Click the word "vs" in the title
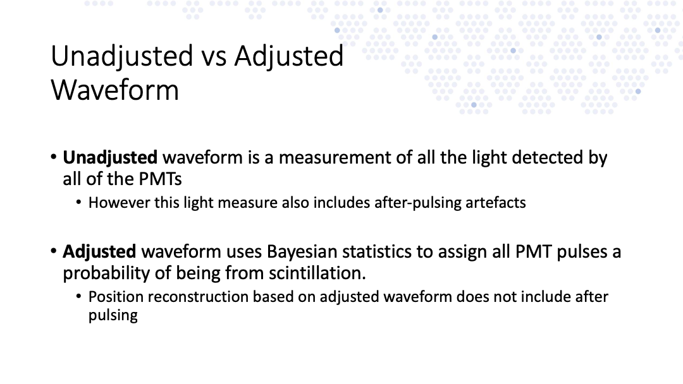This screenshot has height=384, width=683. (214, 57)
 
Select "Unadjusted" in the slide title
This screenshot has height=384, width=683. (122, 57)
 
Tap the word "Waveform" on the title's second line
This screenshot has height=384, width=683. (115, 90)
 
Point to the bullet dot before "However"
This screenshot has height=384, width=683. (78, 202)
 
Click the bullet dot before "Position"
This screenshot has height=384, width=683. (78, 297)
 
